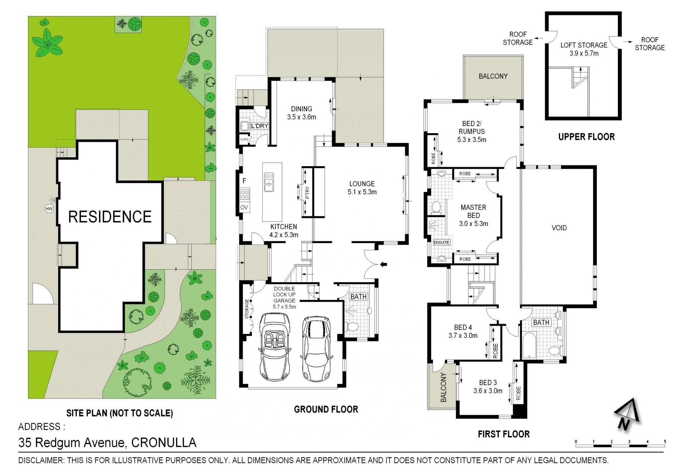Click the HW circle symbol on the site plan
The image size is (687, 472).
coord(49,208)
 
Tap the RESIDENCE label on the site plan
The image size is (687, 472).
coord(110,217)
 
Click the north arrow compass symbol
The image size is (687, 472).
coord(627,414)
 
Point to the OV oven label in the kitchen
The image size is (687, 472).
coord(244,207)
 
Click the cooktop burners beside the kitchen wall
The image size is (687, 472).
coord(245,194)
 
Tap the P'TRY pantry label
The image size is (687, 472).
coord(307,193)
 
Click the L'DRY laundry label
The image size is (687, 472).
coord(259,126)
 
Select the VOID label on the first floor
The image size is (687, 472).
coord(559,228)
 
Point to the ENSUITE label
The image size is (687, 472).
coord(442,242)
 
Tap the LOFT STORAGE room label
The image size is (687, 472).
coord(584,45)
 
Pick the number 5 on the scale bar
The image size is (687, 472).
coord(665,442)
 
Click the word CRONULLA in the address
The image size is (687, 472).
coord(164,443)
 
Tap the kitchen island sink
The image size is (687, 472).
coord(269,182)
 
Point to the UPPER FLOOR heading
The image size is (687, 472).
coord(586,137)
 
